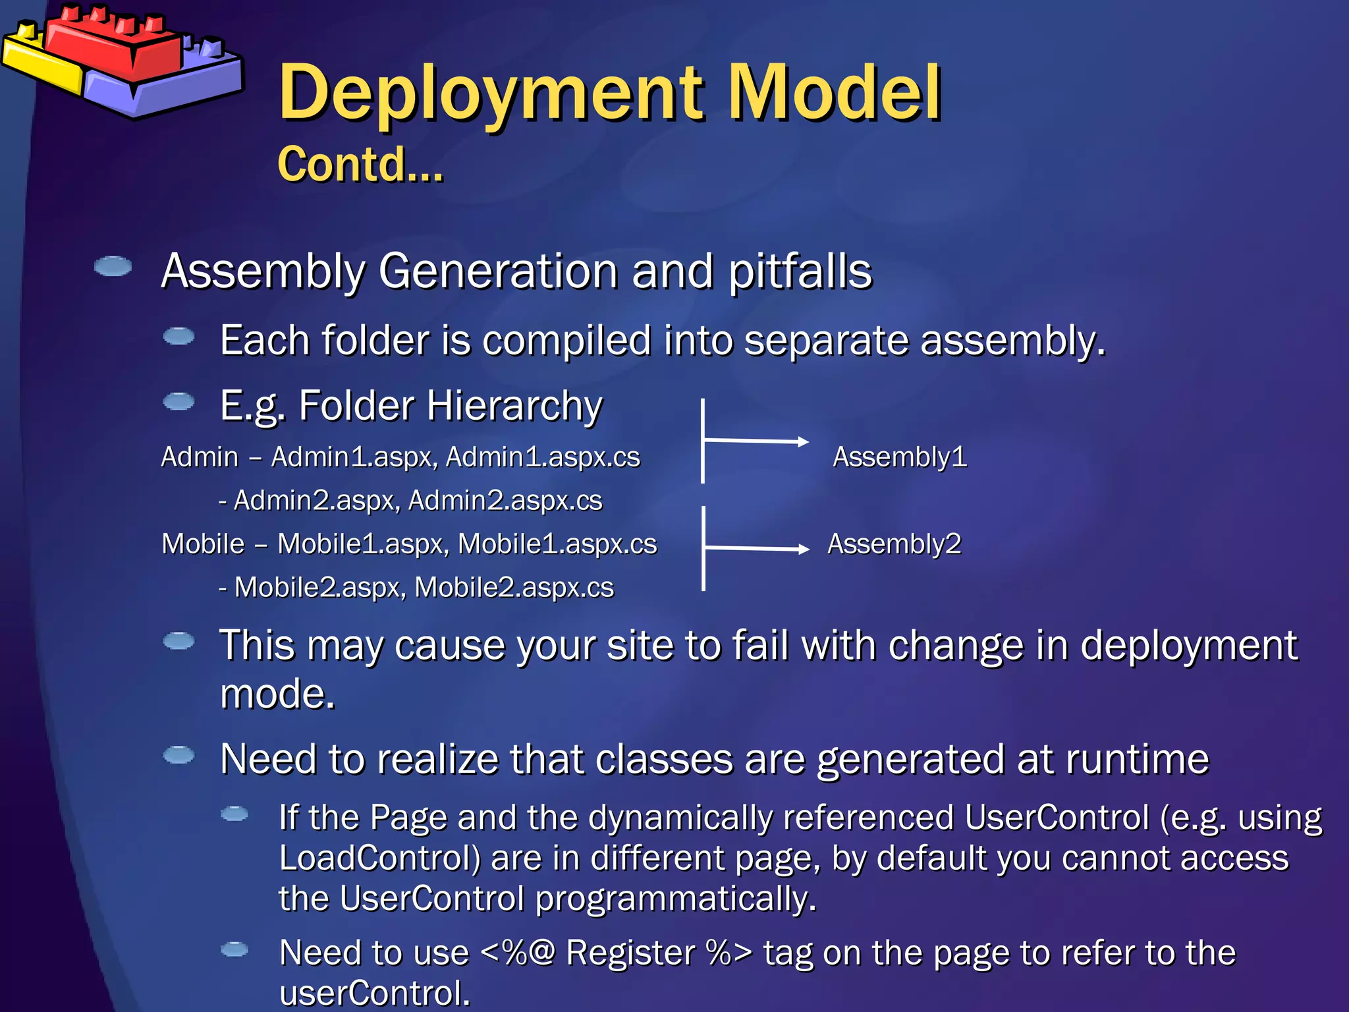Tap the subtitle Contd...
pyautogui.click(x=360, y=164)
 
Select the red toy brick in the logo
pyautogui.click(x=112, y=46)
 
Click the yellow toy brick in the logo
pyautogui.click(x=40, y=63)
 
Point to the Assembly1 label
pyautogui.click(x=899, y=457)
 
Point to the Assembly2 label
pyautogui.click(x=894, y=544)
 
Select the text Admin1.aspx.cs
pyautogui.click(x=542, y=457)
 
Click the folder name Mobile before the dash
pyautogui.click(x=203, y=544)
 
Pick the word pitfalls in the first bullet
pyautogui.click(x=800, y=271)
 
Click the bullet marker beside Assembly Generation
pyautogui.click(x=113, y=267)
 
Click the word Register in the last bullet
pyautogui.click(x=630, y=953)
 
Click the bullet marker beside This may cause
pyautogui.click(x=179, y=641)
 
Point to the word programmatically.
pyautogui.click(x=675, y=899)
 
